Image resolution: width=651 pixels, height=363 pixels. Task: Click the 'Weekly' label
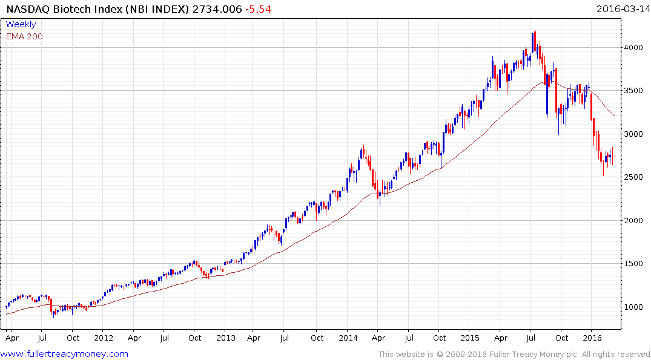tap(21, 24)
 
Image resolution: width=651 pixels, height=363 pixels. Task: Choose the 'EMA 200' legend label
tap(24, 36)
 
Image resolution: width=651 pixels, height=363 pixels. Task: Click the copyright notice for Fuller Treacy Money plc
tap(514, 354)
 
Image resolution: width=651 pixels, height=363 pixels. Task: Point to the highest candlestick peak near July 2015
tap(535, 31)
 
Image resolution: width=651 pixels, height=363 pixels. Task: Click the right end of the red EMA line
tap(615, 116)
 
